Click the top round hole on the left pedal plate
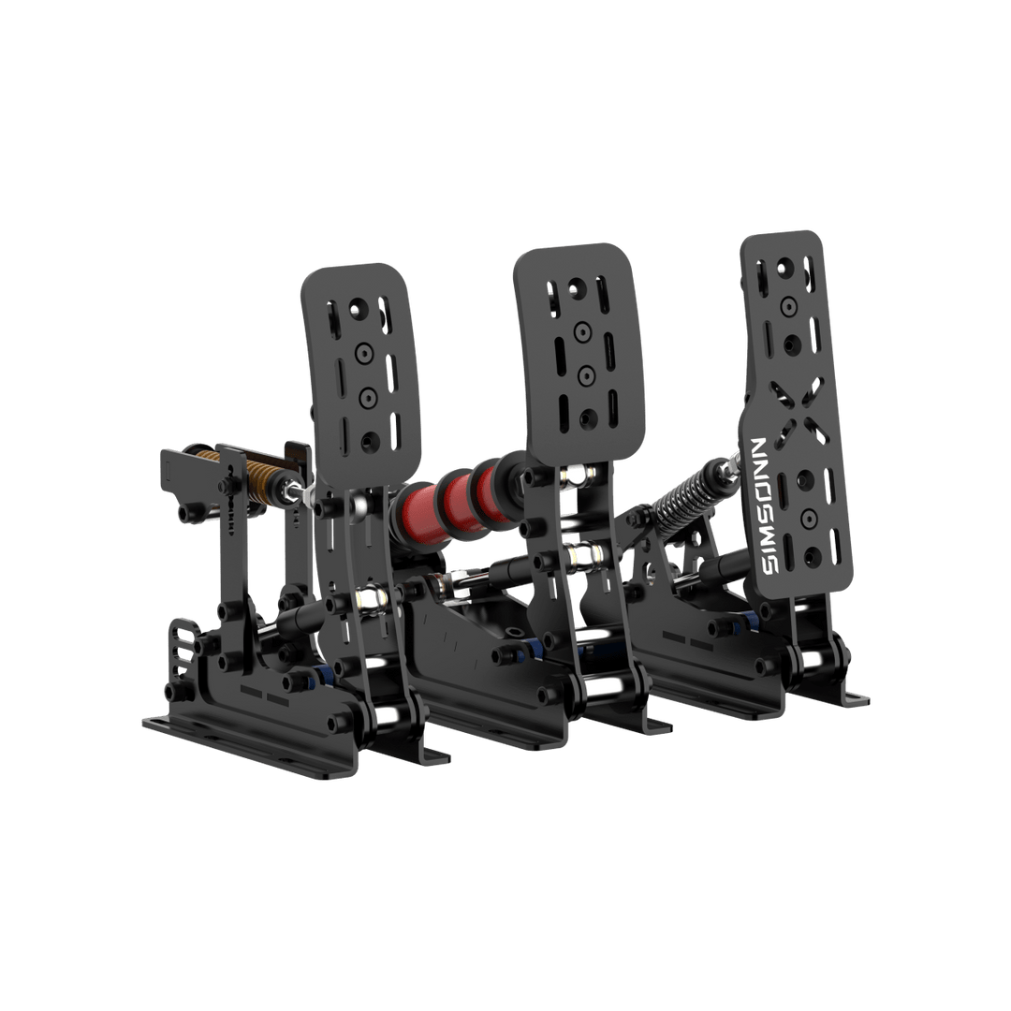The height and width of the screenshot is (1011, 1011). (x=358, y=309)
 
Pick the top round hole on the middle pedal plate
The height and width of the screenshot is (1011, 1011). (x=577, y=288)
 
